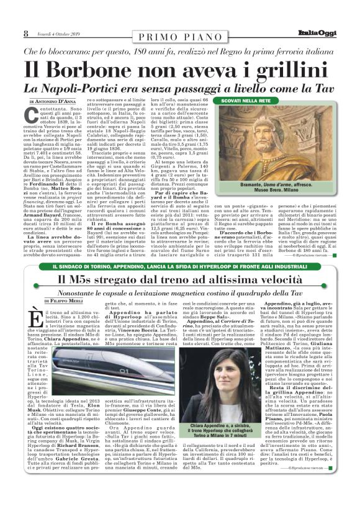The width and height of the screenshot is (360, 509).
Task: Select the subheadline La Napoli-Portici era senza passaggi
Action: coord(179,88)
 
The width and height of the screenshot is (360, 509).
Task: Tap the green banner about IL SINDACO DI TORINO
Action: coord(179,268)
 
